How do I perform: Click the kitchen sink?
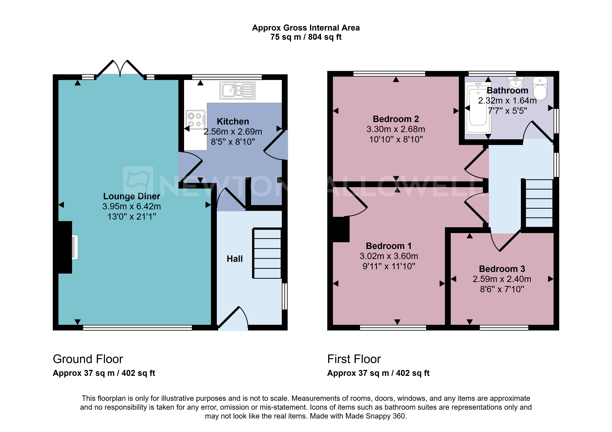237,91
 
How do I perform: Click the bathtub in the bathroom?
478,108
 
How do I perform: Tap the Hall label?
235,259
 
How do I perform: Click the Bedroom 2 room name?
396,119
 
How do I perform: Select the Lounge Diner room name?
132,196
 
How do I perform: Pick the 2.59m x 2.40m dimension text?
502,279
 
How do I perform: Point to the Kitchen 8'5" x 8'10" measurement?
233,142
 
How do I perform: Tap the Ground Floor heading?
88,359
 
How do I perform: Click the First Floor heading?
354,359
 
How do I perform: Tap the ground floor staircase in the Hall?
267,253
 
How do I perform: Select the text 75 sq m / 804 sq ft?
306,37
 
